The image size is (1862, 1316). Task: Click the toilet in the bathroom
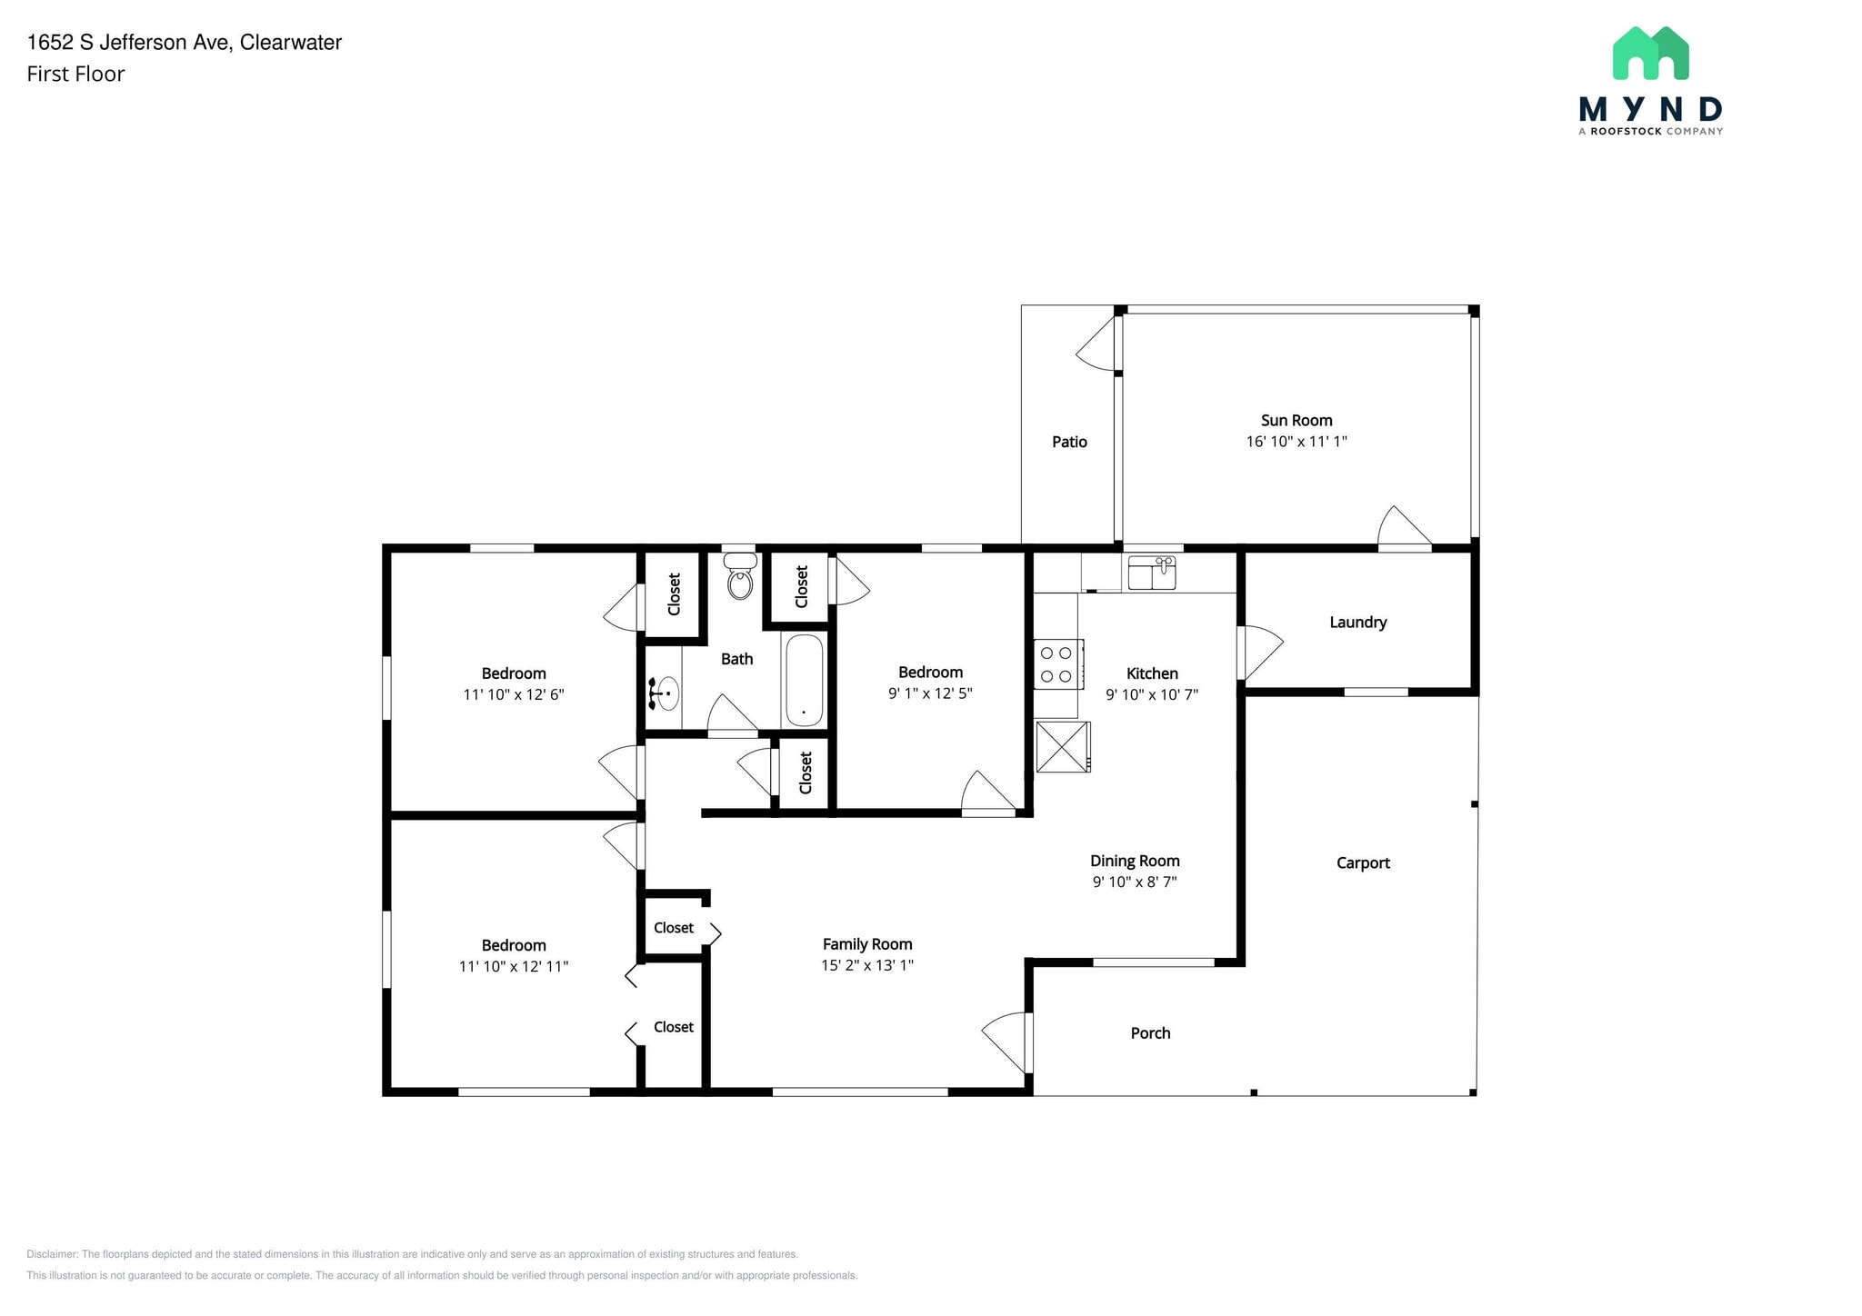click(740, 576)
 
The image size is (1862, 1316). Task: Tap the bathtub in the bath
click(805, 681)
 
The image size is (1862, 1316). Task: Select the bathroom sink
click(665, 693)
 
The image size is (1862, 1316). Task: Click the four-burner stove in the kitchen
click(1058, 664)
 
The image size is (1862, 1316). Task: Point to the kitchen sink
click(1152, 573)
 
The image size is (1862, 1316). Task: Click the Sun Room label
click(1296, 421)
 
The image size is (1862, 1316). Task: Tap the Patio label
click(1069, 442)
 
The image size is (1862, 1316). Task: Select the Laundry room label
click(1358, 623)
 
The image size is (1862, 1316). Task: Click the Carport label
click(1363, 863)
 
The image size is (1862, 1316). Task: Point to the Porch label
click(1150, 1033)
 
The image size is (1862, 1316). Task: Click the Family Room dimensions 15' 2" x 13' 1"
click(867, 965)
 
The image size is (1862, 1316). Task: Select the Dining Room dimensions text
click(1135, 882)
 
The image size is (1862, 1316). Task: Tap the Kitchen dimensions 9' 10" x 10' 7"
click(1152, 694)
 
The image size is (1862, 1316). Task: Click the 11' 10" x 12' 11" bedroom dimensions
click(514, 966)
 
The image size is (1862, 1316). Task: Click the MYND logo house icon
click(1650, 53)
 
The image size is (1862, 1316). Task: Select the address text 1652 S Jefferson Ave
click(128, 43)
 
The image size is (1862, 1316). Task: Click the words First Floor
click(75, 75)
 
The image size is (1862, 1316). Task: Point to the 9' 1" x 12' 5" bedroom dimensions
click(930, 693)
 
